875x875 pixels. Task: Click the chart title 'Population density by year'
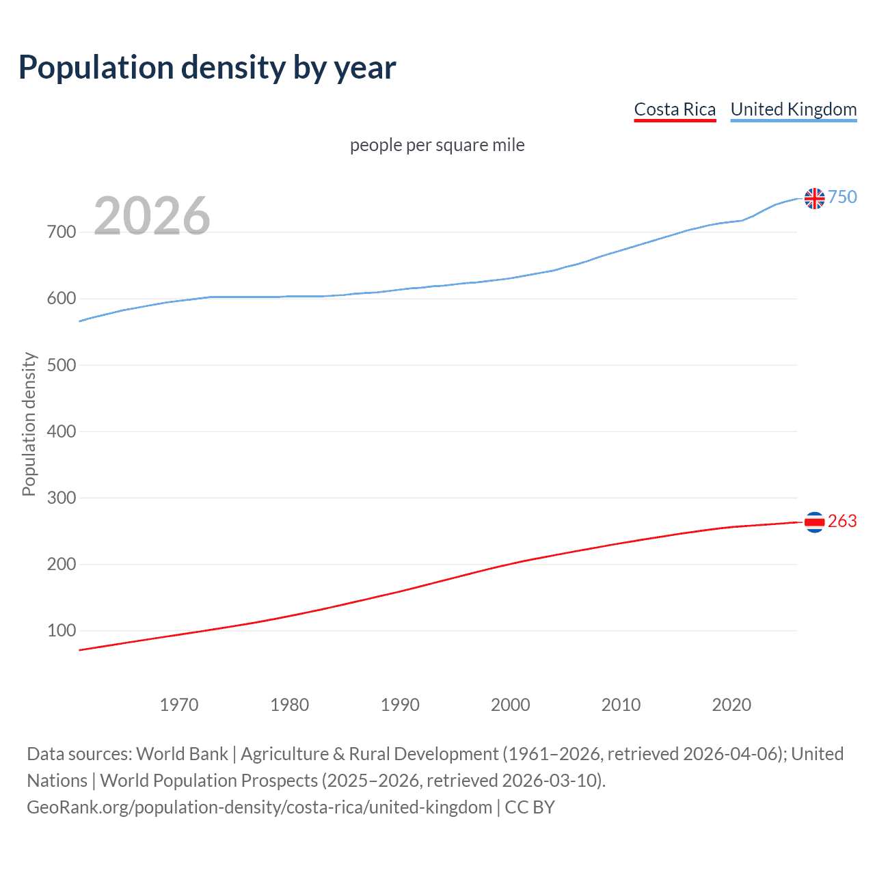click(x=207, y=68)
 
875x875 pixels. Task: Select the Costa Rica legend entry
click(x=675, y=109)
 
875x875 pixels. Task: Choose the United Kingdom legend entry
click(x=793, y=109)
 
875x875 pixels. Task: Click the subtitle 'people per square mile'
click(x=437, y=145)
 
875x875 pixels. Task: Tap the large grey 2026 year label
click(x=152, y=216)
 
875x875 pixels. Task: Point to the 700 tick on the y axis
click(x=62, y=232)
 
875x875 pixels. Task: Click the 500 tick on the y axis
click(x=62, y=365)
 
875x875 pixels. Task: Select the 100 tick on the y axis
click(x=62, y=630)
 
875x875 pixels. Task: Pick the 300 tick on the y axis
click(x=62, y=498)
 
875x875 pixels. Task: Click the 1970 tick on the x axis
click(x=179, y=705)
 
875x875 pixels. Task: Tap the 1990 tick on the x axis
click(x=400, y=705)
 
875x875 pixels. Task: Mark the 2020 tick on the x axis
click(x=731, y=705)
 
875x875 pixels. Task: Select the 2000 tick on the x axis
click(x=511, y=705)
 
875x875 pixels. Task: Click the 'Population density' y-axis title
click(x=29, y=424)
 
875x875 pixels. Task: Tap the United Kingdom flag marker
click(x=814, y=198)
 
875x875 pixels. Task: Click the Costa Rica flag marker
click(x=814, y=522)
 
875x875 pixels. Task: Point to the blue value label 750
click(x=842, y=197)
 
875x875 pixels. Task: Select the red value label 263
click(x=842, y=521)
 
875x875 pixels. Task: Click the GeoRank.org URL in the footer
click(x=259, y=807)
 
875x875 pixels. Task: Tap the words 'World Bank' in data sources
click(x=182, y=754)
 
